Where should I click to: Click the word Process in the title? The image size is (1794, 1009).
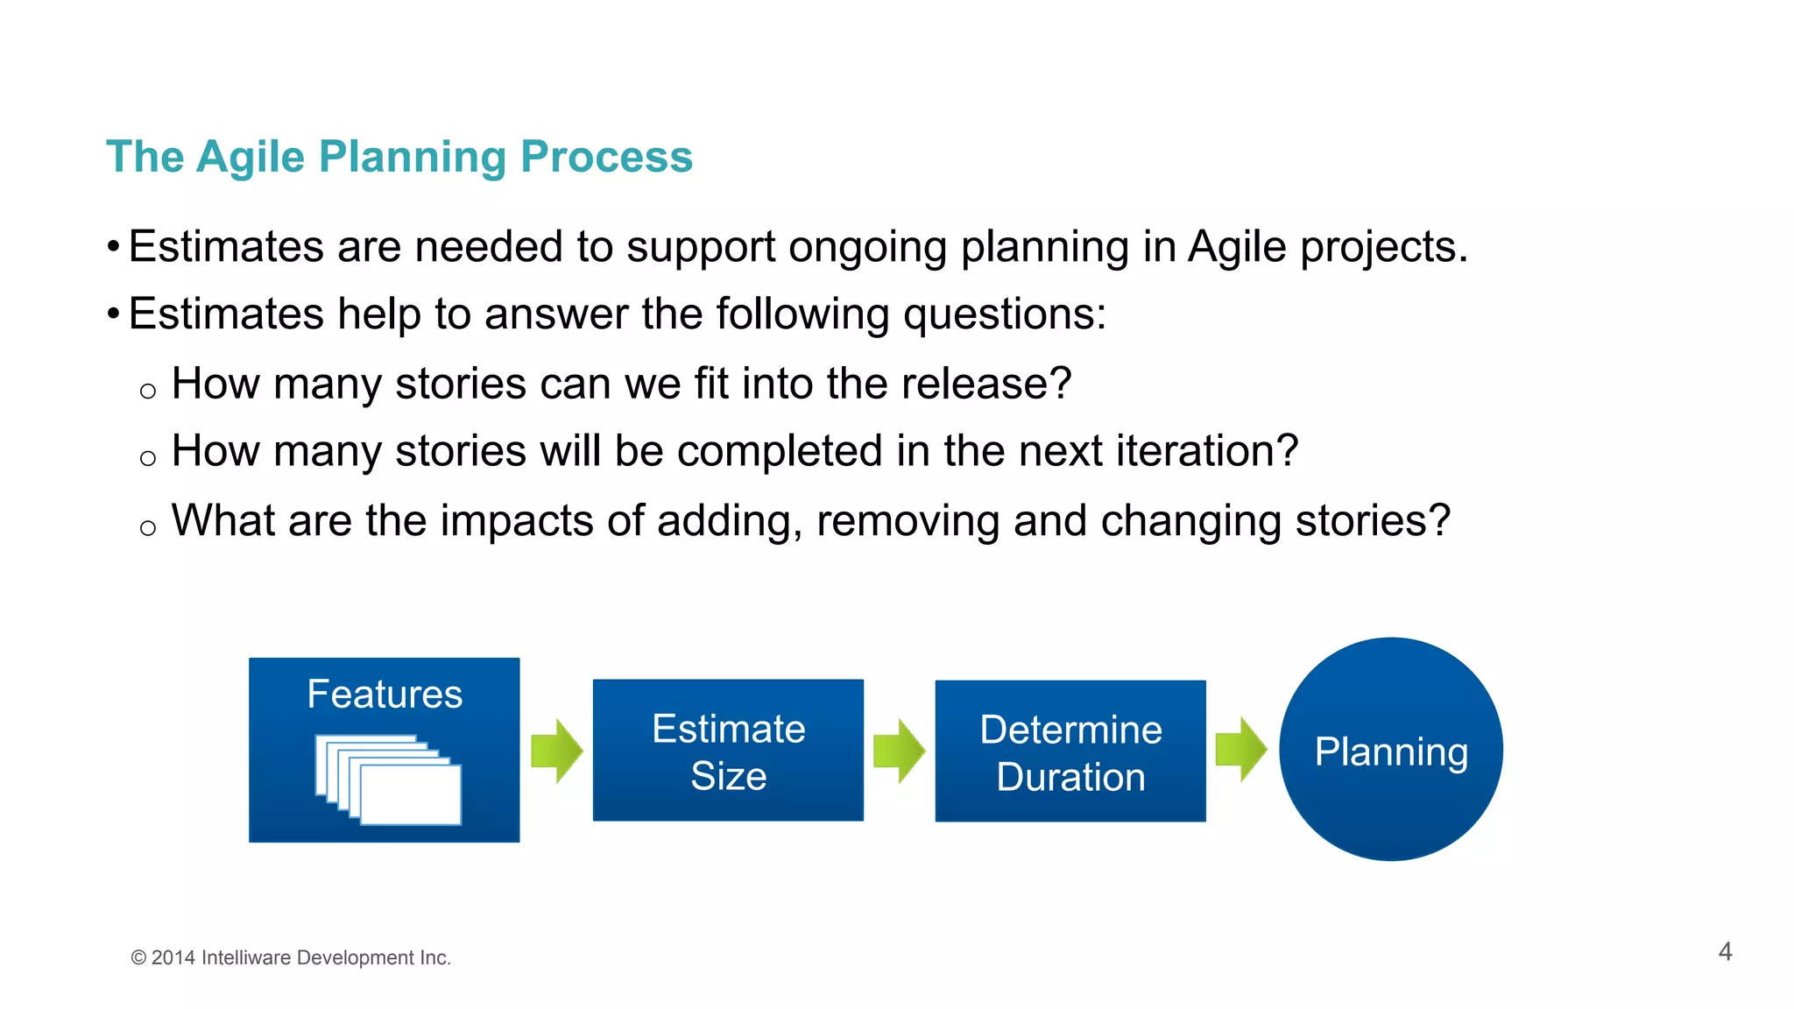(x=606, y=158)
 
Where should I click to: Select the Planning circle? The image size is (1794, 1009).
(x=1391, y=750)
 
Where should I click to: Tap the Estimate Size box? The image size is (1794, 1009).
(x=728, y=751)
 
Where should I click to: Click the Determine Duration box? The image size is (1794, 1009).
(x=1070, y=751)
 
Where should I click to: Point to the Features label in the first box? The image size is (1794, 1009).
(x=385, y=695)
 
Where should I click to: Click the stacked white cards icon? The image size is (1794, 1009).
(x=389, y=780)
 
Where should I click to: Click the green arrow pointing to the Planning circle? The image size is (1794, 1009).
(x=1241, y=750)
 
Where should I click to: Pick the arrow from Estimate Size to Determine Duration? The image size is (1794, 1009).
(x=900, y=751)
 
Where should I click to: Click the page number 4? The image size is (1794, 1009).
(x=1725, y=951)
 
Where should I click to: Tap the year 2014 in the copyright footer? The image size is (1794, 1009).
(x=173, y=958)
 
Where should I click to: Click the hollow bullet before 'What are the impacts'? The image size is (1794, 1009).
(x=148, y=527)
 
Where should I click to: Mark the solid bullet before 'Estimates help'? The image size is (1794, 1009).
(x=113, y=314)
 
